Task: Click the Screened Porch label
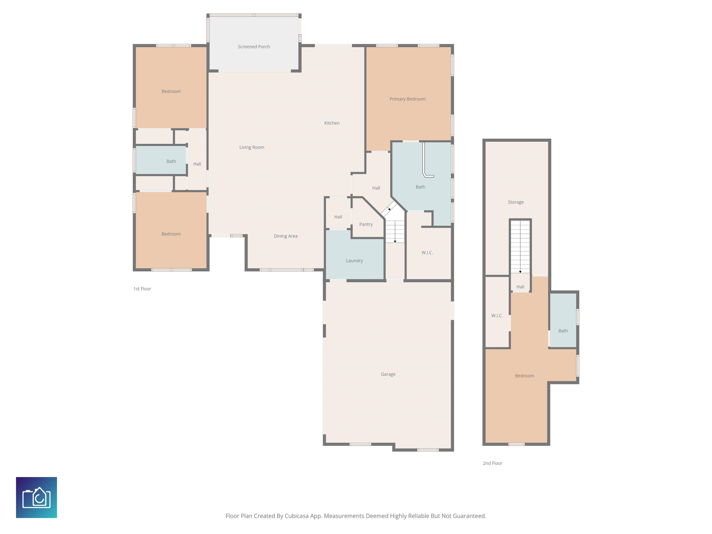pos(254,47)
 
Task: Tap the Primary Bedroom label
pos(407,99)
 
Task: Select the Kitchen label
pos(332,123)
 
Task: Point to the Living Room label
pos(252,147)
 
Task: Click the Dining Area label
pos(286,236)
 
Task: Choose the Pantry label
pos(366,224)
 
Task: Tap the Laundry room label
pos(354,261)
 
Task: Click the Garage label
pos(388,374)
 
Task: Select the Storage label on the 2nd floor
pos(516,202)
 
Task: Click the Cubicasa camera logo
pos(36,497)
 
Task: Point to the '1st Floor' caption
pos(142,289)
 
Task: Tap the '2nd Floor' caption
pos(493,463)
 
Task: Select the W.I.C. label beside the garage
pos(427,253)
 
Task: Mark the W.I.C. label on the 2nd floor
pos(497,316)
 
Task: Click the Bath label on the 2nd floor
pos(563,331)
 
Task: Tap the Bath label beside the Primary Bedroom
pos(420,187)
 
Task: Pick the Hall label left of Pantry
pos(338,217)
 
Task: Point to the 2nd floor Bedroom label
pos(525,376)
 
